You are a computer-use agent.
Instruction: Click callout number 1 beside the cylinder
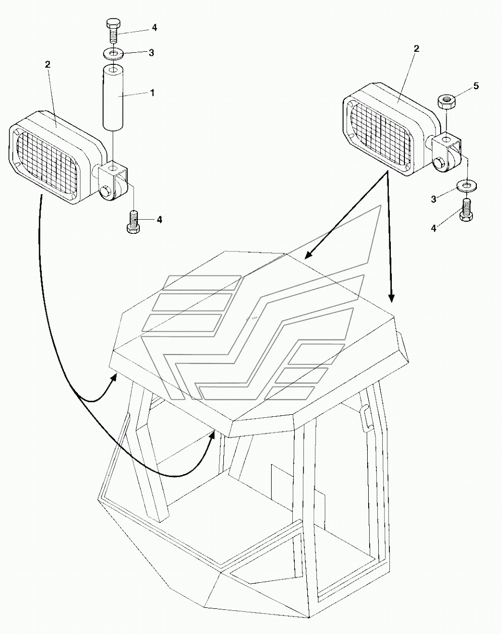(152, 93)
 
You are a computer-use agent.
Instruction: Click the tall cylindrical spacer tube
(113, 99)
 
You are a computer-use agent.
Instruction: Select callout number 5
(476, 86)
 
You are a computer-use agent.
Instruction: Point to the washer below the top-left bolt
(113, 54)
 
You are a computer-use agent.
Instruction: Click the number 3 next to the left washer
(151, 53)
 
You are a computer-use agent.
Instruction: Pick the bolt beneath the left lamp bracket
(134, 222)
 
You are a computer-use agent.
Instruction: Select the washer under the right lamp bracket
(467, 187)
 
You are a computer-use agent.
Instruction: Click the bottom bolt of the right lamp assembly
(466, 210)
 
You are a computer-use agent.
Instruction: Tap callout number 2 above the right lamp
(416, 49)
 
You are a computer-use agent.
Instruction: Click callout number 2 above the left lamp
(48, 64)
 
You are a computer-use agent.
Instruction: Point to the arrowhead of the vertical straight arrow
(391, 298)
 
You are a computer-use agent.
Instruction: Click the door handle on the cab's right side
(365, 418)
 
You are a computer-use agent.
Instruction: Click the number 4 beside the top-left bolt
(154, 28)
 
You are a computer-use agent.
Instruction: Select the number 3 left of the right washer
(433, 199)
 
